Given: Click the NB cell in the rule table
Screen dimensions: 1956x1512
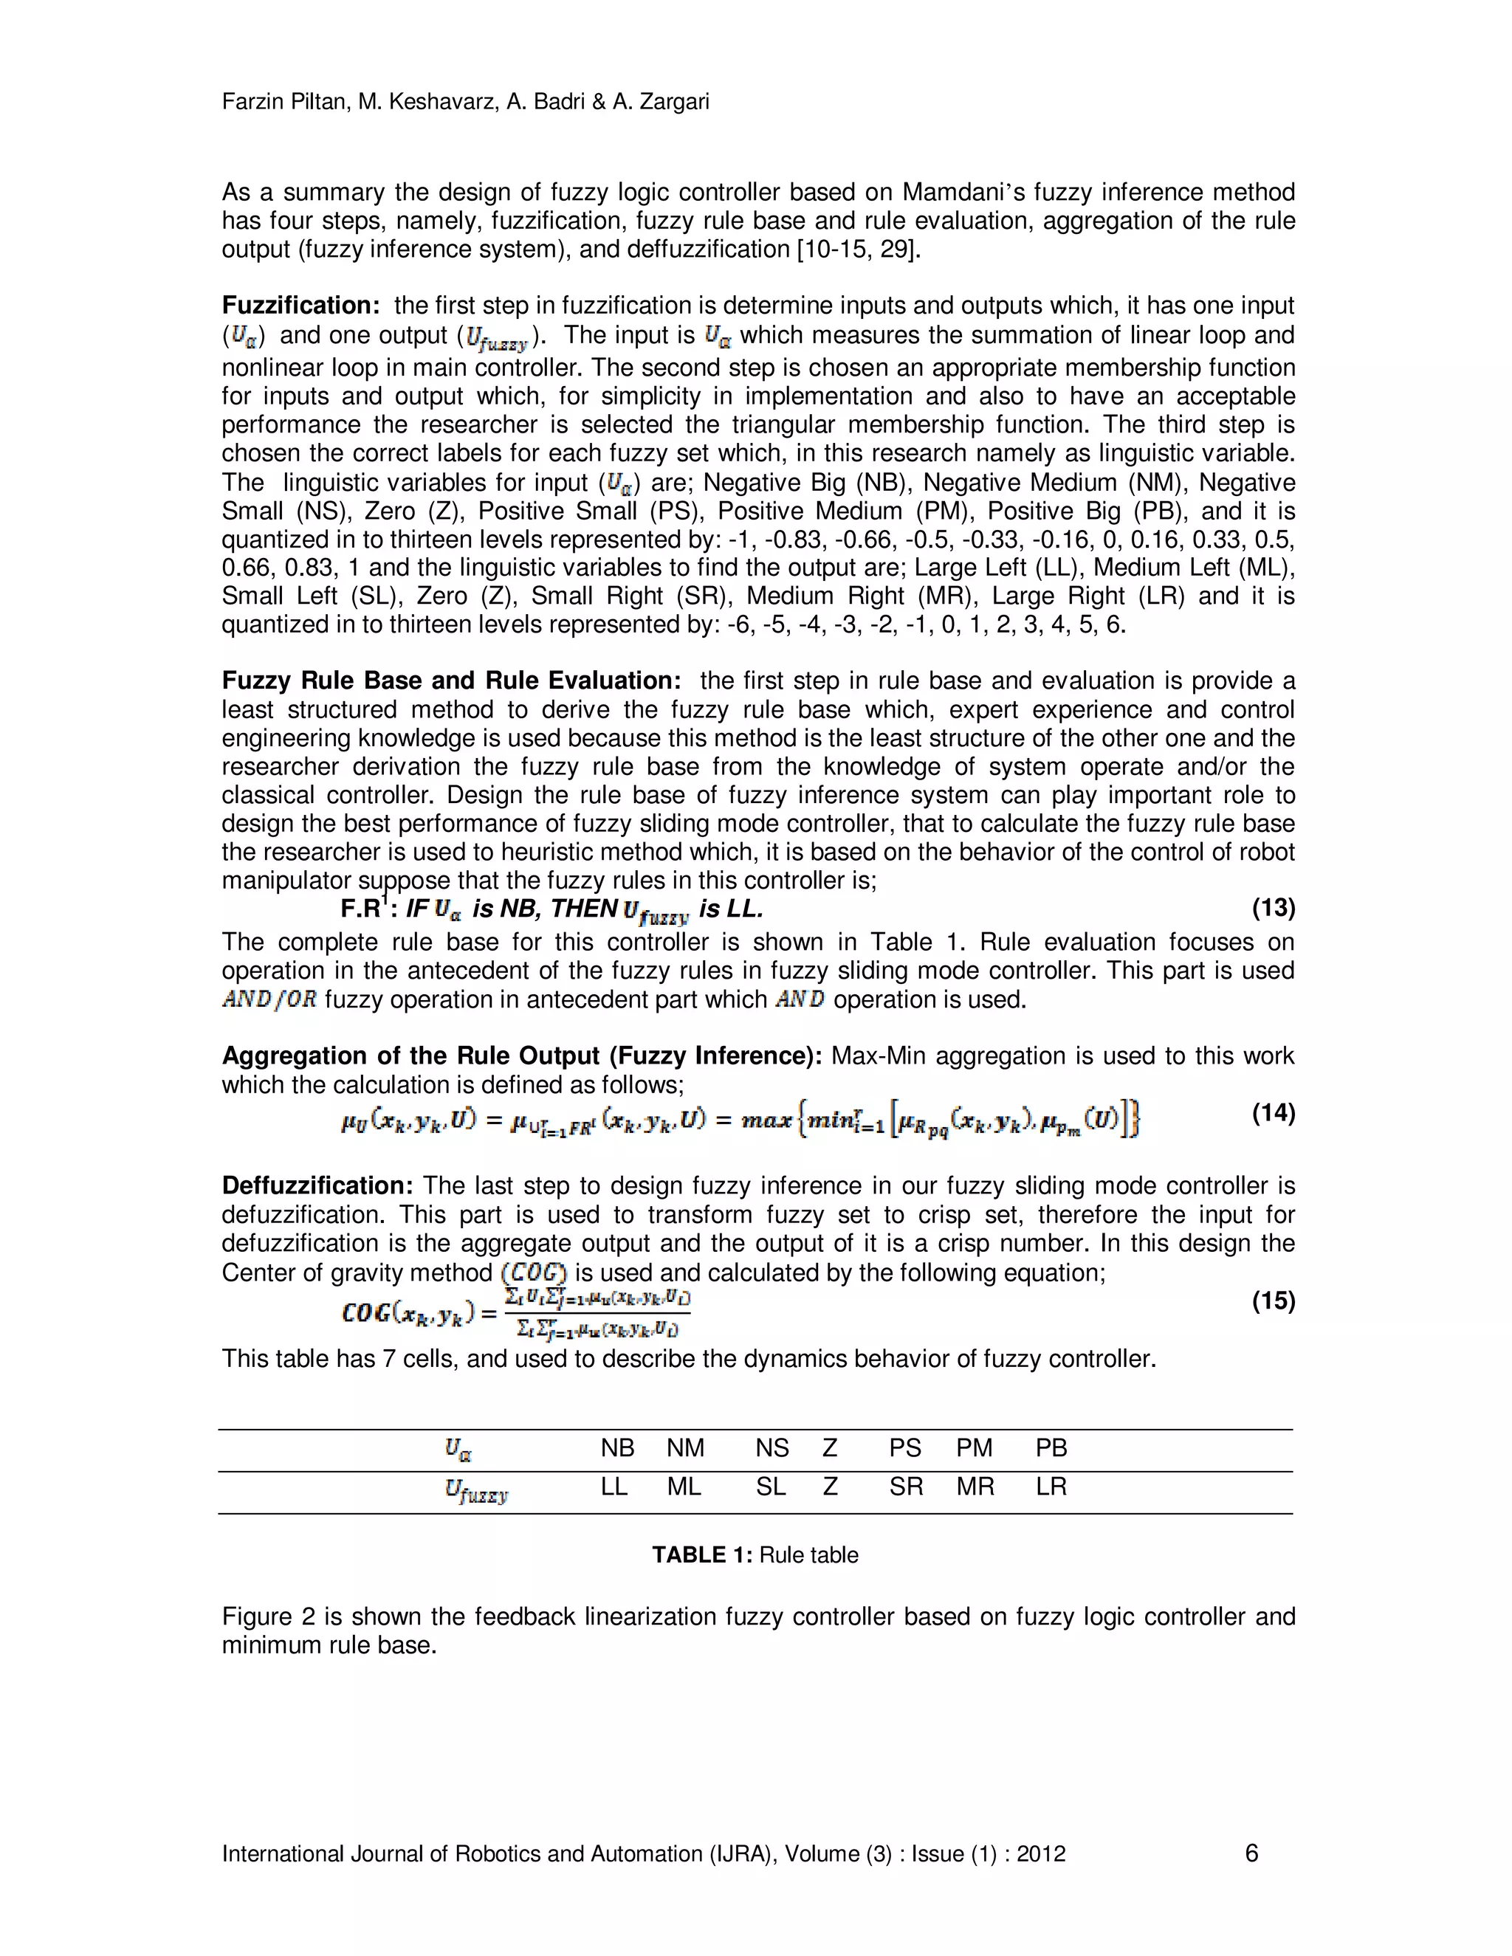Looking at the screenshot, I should point(617,1448).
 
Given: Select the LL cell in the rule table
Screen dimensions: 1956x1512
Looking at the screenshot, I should point(614,1487).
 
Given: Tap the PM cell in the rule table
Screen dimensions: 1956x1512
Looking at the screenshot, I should point(974,1448).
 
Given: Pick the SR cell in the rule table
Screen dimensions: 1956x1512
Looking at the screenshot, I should point(906,1487).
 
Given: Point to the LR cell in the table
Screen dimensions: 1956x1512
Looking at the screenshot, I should point(1051,1487).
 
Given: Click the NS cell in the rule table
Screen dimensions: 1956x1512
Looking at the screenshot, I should point(772,1448).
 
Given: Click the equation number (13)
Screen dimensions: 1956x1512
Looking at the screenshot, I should point(1273,908).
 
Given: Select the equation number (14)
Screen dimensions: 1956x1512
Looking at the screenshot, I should point(1273,1113).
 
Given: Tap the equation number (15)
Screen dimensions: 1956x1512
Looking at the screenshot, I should point(1273,1301).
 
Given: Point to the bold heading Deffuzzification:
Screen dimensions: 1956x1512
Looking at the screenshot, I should point(317,1186).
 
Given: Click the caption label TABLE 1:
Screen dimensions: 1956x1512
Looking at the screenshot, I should point(701,1554).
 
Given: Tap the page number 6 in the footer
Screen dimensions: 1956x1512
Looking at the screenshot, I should point(1251,1853).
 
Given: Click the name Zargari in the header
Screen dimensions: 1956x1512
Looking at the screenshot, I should point(672,101).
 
